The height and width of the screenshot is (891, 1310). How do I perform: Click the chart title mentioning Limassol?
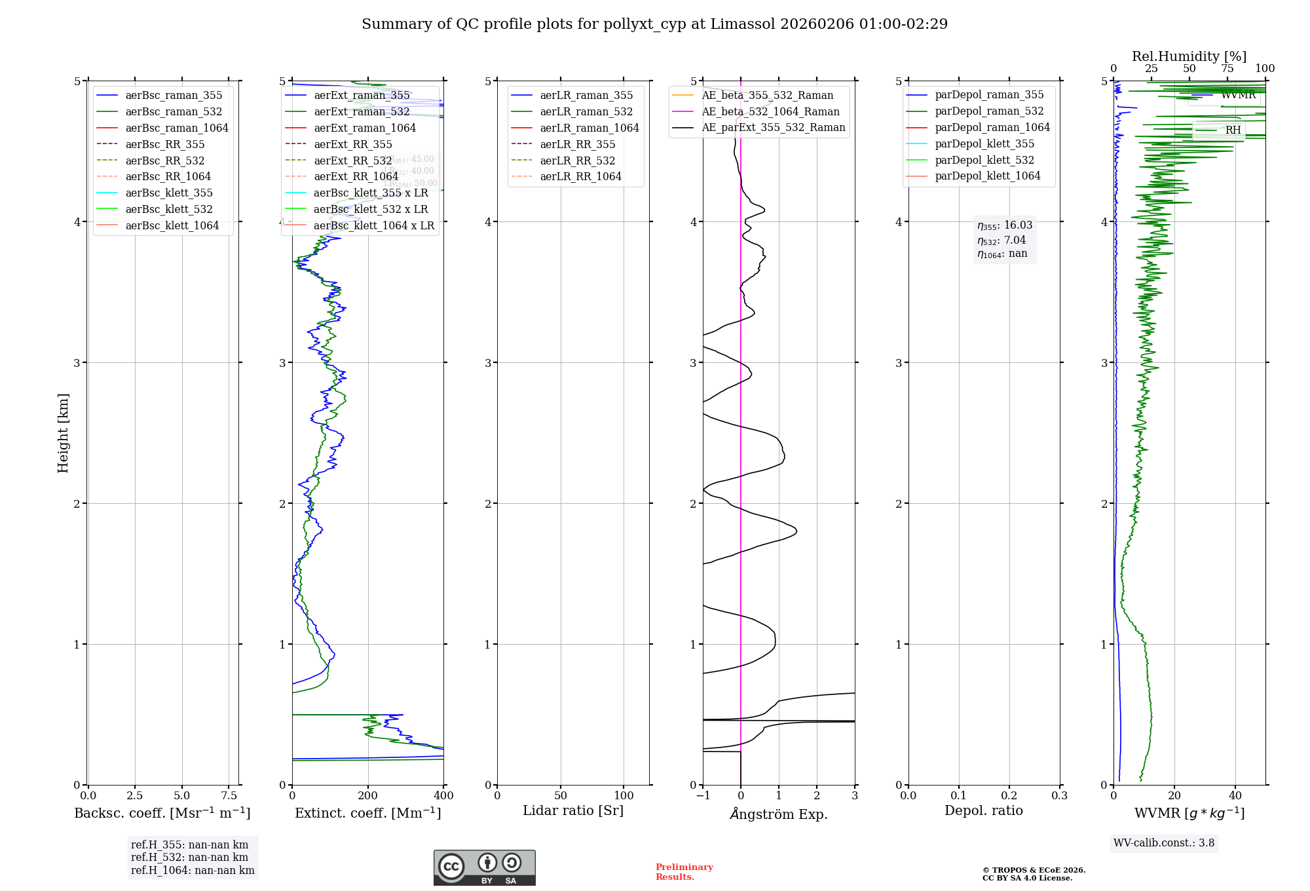click(x=654, y=24)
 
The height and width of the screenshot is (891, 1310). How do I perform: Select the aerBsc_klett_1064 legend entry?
click(x=172, y=225)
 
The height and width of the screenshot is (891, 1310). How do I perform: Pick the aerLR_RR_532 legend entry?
click(x=577, y=161)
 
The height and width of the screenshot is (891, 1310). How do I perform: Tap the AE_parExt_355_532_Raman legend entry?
click(x=773, y=127)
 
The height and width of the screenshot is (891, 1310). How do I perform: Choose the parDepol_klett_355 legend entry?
click(x=984, y=143)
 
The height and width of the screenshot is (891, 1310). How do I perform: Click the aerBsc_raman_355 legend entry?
click(x=174, y=95)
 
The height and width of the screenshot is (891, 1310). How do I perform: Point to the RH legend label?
click(x=1233, y=130)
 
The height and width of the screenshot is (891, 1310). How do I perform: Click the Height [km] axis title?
click(x=63, y=432)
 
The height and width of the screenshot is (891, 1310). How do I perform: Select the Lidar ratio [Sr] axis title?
click(x=573, y=810)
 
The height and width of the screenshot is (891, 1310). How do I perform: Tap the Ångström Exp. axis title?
click(x=779, y=814)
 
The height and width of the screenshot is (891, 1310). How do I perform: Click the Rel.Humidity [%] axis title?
click(x=1189, y=56)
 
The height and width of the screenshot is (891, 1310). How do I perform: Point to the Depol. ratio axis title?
click(x=983, y=810)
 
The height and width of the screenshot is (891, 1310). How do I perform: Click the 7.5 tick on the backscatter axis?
click(x=229, y=795)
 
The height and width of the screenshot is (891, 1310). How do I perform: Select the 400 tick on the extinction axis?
click(x=443, y=795)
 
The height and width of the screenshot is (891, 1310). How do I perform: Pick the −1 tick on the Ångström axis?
click(x=703, y=795)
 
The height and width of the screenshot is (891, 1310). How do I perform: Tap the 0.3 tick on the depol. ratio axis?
click(x=1059, y=795)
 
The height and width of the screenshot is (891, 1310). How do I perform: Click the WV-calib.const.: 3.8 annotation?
click(x=1163, y=843)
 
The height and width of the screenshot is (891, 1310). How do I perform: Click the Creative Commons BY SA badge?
click(x=484, y=867)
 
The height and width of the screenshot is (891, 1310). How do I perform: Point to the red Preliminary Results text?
click(x=684, y=871)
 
